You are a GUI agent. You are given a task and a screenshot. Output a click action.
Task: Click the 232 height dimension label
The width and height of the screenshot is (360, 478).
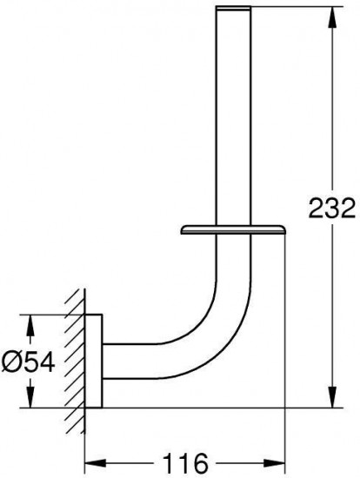pyautogui.click(x=332, y=208)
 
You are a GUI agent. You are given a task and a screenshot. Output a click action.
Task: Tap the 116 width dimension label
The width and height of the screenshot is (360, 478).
pyautogui.click(x=185, y=462)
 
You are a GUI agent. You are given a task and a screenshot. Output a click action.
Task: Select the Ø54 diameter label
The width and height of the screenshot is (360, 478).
pyautogui.click(x=28, y=362)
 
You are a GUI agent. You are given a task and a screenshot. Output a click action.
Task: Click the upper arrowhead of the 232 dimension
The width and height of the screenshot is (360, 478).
pyautogui.click(x=333, y=17)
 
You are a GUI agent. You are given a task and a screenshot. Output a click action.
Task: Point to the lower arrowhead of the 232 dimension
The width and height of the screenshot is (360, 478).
pyautogui.click(x=333, y=396)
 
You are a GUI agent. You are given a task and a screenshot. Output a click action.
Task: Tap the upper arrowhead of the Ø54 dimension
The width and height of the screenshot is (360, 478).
pyautogui.click(x=30, y=325)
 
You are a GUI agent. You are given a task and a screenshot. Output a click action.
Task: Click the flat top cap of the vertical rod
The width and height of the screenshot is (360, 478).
pyautogui.click(x=233, y=8)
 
